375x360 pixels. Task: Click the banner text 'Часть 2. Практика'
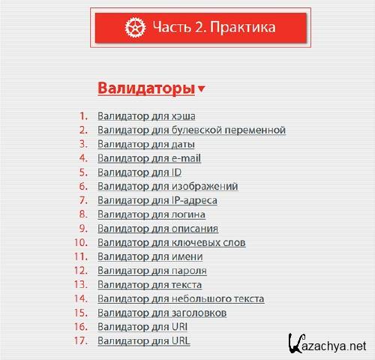click(x=214, y=28)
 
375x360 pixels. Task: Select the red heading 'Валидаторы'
click(x=146, y=88)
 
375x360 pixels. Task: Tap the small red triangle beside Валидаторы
click(x=202, y=90)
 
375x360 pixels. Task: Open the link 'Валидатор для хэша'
click(x=142, y=116)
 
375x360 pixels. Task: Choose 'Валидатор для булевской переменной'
click(x=191, y=130)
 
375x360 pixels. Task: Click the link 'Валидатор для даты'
click(x=146, y=144)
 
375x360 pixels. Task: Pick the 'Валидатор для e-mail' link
click(x=149, y=158)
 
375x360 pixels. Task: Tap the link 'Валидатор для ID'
click(x=139, y=172)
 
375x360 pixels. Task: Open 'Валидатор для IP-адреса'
click(x=157, y=200)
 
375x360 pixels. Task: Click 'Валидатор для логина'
click(x=151, y=214)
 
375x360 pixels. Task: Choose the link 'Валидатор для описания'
click(x=158, y=229)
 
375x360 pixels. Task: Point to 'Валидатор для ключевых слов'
click(x=171, y=243)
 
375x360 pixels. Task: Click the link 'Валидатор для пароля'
click(x=152, y=271)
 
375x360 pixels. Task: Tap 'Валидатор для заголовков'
click(x=162, y=313)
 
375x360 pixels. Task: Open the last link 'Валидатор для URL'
click(x=144, y=341)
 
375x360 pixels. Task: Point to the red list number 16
click(x=81, y=327)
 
